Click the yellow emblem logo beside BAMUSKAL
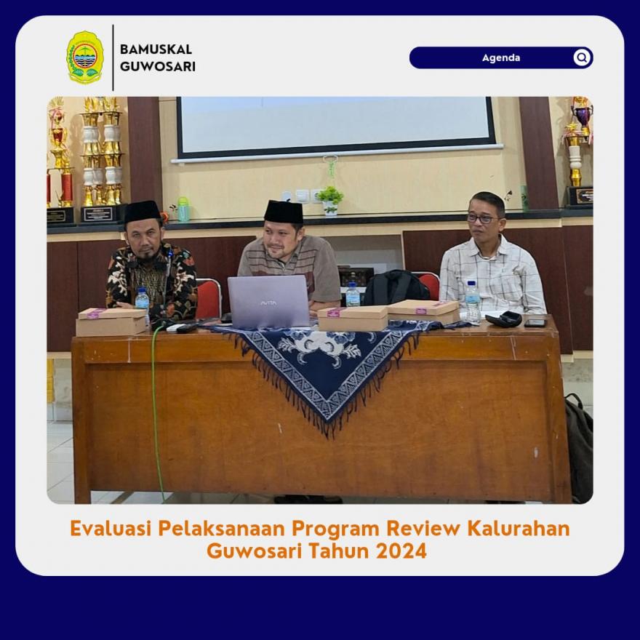click(x=85, y=57)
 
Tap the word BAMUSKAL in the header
click(x=156, y=49)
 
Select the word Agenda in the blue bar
click(x=501, y=57)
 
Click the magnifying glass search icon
click(x=582, y=57)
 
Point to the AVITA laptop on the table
click(x=268, y=301)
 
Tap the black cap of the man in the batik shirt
click(x=142, y=211)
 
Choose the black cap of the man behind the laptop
click(x=283, y=212)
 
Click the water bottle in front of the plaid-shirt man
click(x=473, y=302)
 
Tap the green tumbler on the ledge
click(x=183, y=209)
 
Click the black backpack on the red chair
click(x=396, y=287)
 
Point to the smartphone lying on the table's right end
click(x=535, y=323)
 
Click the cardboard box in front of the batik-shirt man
click(x=111, y=321)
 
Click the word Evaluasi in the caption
click(x=111, y=528)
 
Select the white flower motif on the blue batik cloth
click(x=325, y=345)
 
